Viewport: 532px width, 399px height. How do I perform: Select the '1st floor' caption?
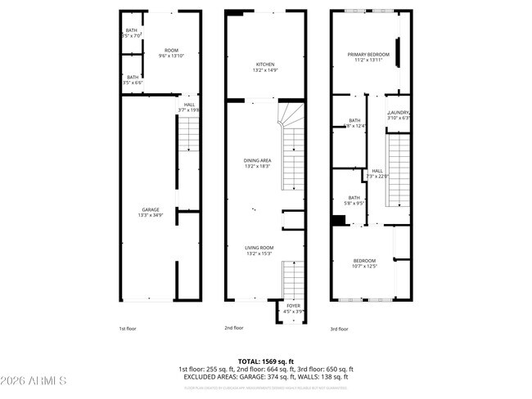tap(128, 328)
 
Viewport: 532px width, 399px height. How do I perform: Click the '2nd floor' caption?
tap(234, 328)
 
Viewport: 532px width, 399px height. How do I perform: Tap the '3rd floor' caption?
tap(339, 328)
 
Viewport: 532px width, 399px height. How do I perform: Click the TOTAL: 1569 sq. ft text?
tap(266, 361)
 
